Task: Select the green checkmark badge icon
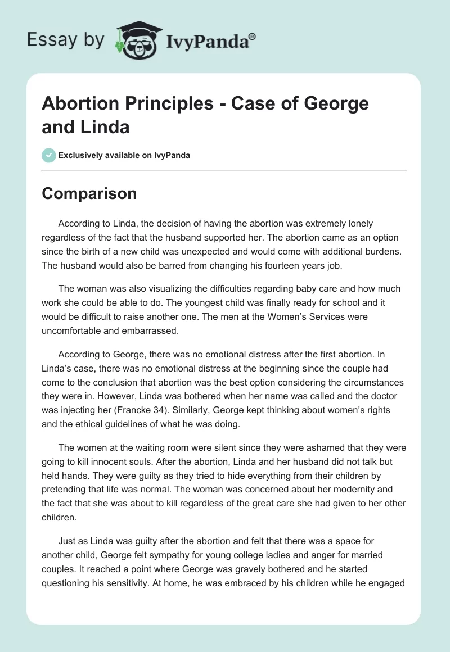(48, 155)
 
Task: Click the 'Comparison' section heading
(89, 193)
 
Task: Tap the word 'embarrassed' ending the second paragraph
(151, 330)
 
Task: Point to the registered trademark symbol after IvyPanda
(253, 36)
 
